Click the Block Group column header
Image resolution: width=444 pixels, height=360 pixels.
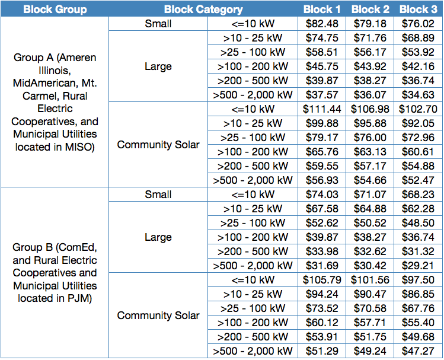(x=55, y=9)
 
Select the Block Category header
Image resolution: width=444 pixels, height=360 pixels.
(x=203, y=9)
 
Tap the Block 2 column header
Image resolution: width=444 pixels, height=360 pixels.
(x=370, y=9)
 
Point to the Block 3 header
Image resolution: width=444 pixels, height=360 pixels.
(x=419, y=9)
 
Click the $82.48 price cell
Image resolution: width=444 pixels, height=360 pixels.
(x=322, y=24)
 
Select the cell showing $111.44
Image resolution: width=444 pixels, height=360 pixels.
(x=322, y=109)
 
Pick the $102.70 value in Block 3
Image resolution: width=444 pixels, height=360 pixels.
(x=419, y=109)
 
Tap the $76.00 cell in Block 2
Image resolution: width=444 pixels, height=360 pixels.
(x=370, y=138)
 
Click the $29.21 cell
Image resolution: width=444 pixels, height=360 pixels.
(x=419, y=266)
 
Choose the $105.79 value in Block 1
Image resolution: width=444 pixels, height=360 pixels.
(x=322, y=280)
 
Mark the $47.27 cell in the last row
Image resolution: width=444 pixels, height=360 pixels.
(x=419, y=351)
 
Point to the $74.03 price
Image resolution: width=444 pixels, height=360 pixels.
(x=322, y=195)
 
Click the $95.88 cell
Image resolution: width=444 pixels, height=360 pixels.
(x=370, y=123)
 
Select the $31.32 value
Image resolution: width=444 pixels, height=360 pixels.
(x=419, y=251)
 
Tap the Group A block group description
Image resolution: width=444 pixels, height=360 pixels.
(x=55, y=102)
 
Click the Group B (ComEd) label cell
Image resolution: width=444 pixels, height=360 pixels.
(x=55, y=273)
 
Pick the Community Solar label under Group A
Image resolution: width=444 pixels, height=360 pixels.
(x=158, y=145)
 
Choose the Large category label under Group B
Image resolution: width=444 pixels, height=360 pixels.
(x=158, y=237)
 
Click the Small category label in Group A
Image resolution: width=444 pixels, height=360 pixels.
(x=158, y=24)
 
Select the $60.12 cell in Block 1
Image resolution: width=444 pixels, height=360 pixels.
(x=322, y=323)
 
